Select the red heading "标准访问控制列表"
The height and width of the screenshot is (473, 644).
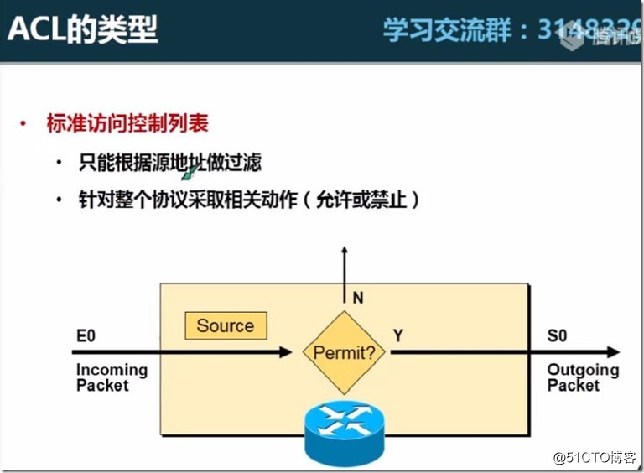[x=127, y=124]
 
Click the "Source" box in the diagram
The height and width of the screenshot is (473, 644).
[x=225, y=325]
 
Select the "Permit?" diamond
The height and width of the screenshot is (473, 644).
[x=345, y=352]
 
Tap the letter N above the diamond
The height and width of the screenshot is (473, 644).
[x=358, y=296]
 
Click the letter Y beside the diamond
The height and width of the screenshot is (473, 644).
[x=398, y=335]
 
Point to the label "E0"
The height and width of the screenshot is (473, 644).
[x=86, y=336]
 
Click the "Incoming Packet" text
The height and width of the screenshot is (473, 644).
[x=111, y=377]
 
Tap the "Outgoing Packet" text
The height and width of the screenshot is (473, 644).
[x=583, y=377]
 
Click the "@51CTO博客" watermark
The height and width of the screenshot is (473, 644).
[x=595, y=457]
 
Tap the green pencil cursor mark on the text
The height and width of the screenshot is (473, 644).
[x=191, y=172]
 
